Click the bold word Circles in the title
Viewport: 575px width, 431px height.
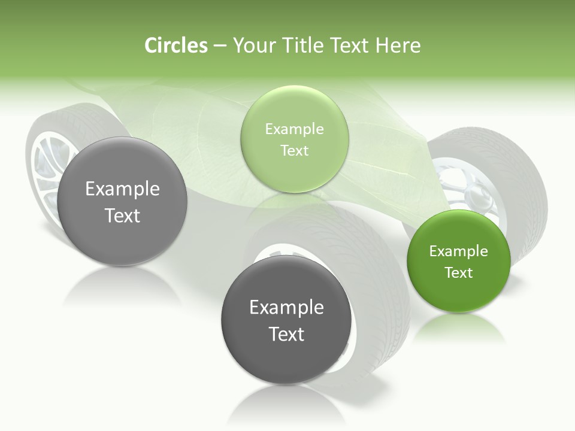(176, 45)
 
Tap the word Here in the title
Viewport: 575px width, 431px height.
(398, 45)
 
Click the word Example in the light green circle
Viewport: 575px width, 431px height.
(294, 129)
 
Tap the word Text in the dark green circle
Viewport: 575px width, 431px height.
(459, 273)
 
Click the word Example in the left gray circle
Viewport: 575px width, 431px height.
(122, 189)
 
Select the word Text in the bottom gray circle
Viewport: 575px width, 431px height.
(286, 334)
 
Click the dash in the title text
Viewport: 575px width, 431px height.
(220, 45)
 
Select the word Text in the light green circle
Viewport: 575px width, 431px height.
(294, 151)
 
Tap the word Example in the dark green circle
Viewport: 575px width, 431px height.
(459, 251)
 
